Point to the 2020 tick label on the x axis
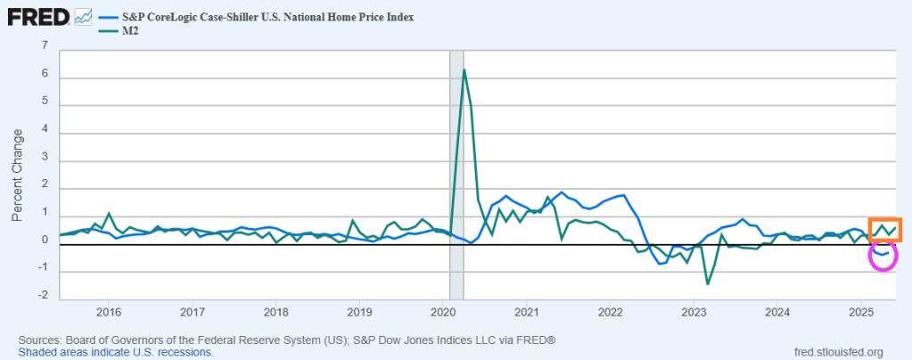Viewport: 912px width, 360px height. click(x=443, y=312)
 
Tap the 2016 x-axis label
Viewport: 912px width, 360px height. click(x=108, y=312)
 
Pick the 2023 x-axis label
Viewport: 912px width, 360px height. click(x=694, y=312)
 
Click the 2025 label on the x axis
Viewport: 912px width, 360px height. click(x=861, y=312)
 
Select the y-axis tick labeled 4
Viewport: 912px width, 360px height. click(x=44, y=133)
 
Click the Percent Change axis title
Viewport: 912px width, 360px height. click(x=17, y=175)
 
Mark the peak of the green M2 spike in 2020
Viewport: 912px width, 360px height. click(x=464, y=70)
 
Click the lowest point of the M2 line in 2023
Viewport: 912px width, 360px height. click(x=707, y=283)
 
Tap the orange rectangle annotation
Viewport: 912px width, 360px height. click(x=885, y=230)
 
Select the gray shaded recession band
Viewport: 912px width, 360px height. click(x=456, y=178)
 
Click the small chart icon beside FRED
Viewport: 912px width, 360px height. click(x=84, y=15)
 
